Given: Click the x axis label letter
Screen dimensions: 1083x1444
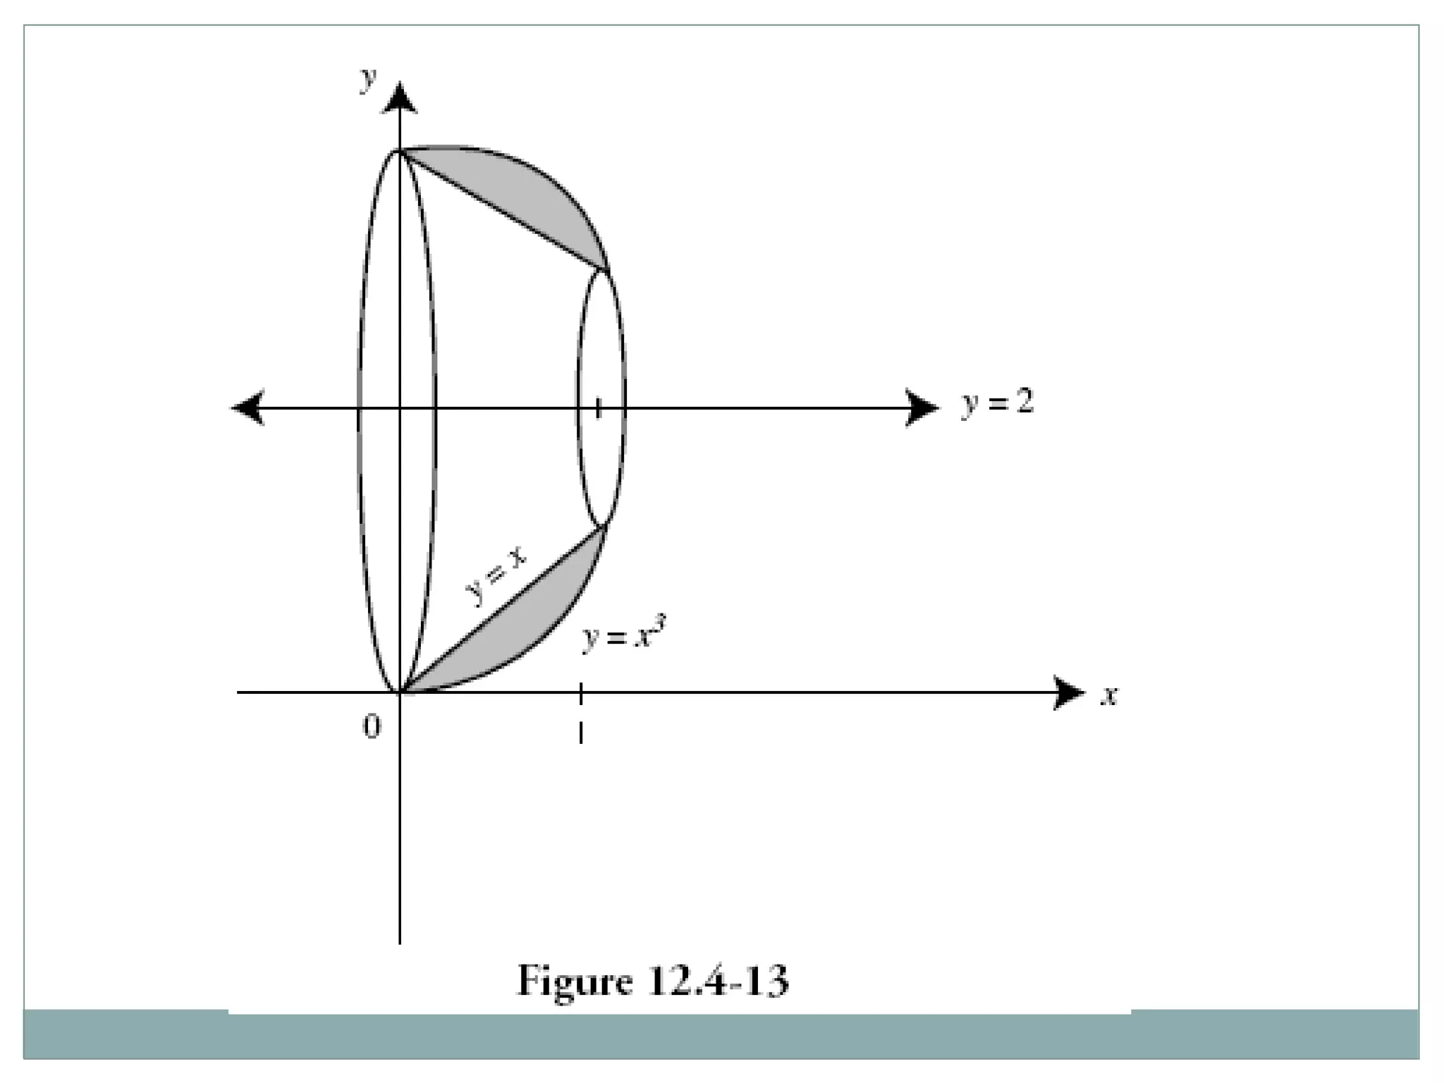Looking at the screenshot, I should (x=1110, y=696).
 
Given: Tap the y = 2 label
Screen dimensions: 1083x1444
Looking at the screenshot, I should (x=997, y=403).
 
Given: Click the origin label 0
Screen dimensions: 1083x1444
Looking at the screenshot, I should (x=372, y=726).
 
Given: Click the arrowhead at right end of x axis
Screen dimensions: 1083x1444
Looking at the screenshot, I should (x=1069, y=692).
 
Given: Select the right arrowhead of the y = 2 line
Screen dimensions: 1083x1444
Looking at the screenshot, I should (x=922, y=408).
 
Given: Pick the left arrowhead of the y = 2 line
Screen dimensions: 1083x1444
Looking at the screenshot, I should (x=247, y=408).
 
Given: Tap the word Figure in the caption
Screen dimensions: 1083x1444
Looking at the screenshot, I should (x=575, y=981).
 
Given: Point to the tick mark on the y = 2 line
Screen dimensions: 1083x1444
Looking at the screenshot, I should (x=599, y=408).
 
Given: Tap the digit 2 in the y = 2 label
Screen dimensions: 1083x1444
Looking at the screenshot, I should (x=1024, y=402).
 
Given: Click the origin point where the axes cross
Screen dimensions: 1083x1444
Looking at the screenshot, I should (x=400, y=692).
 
